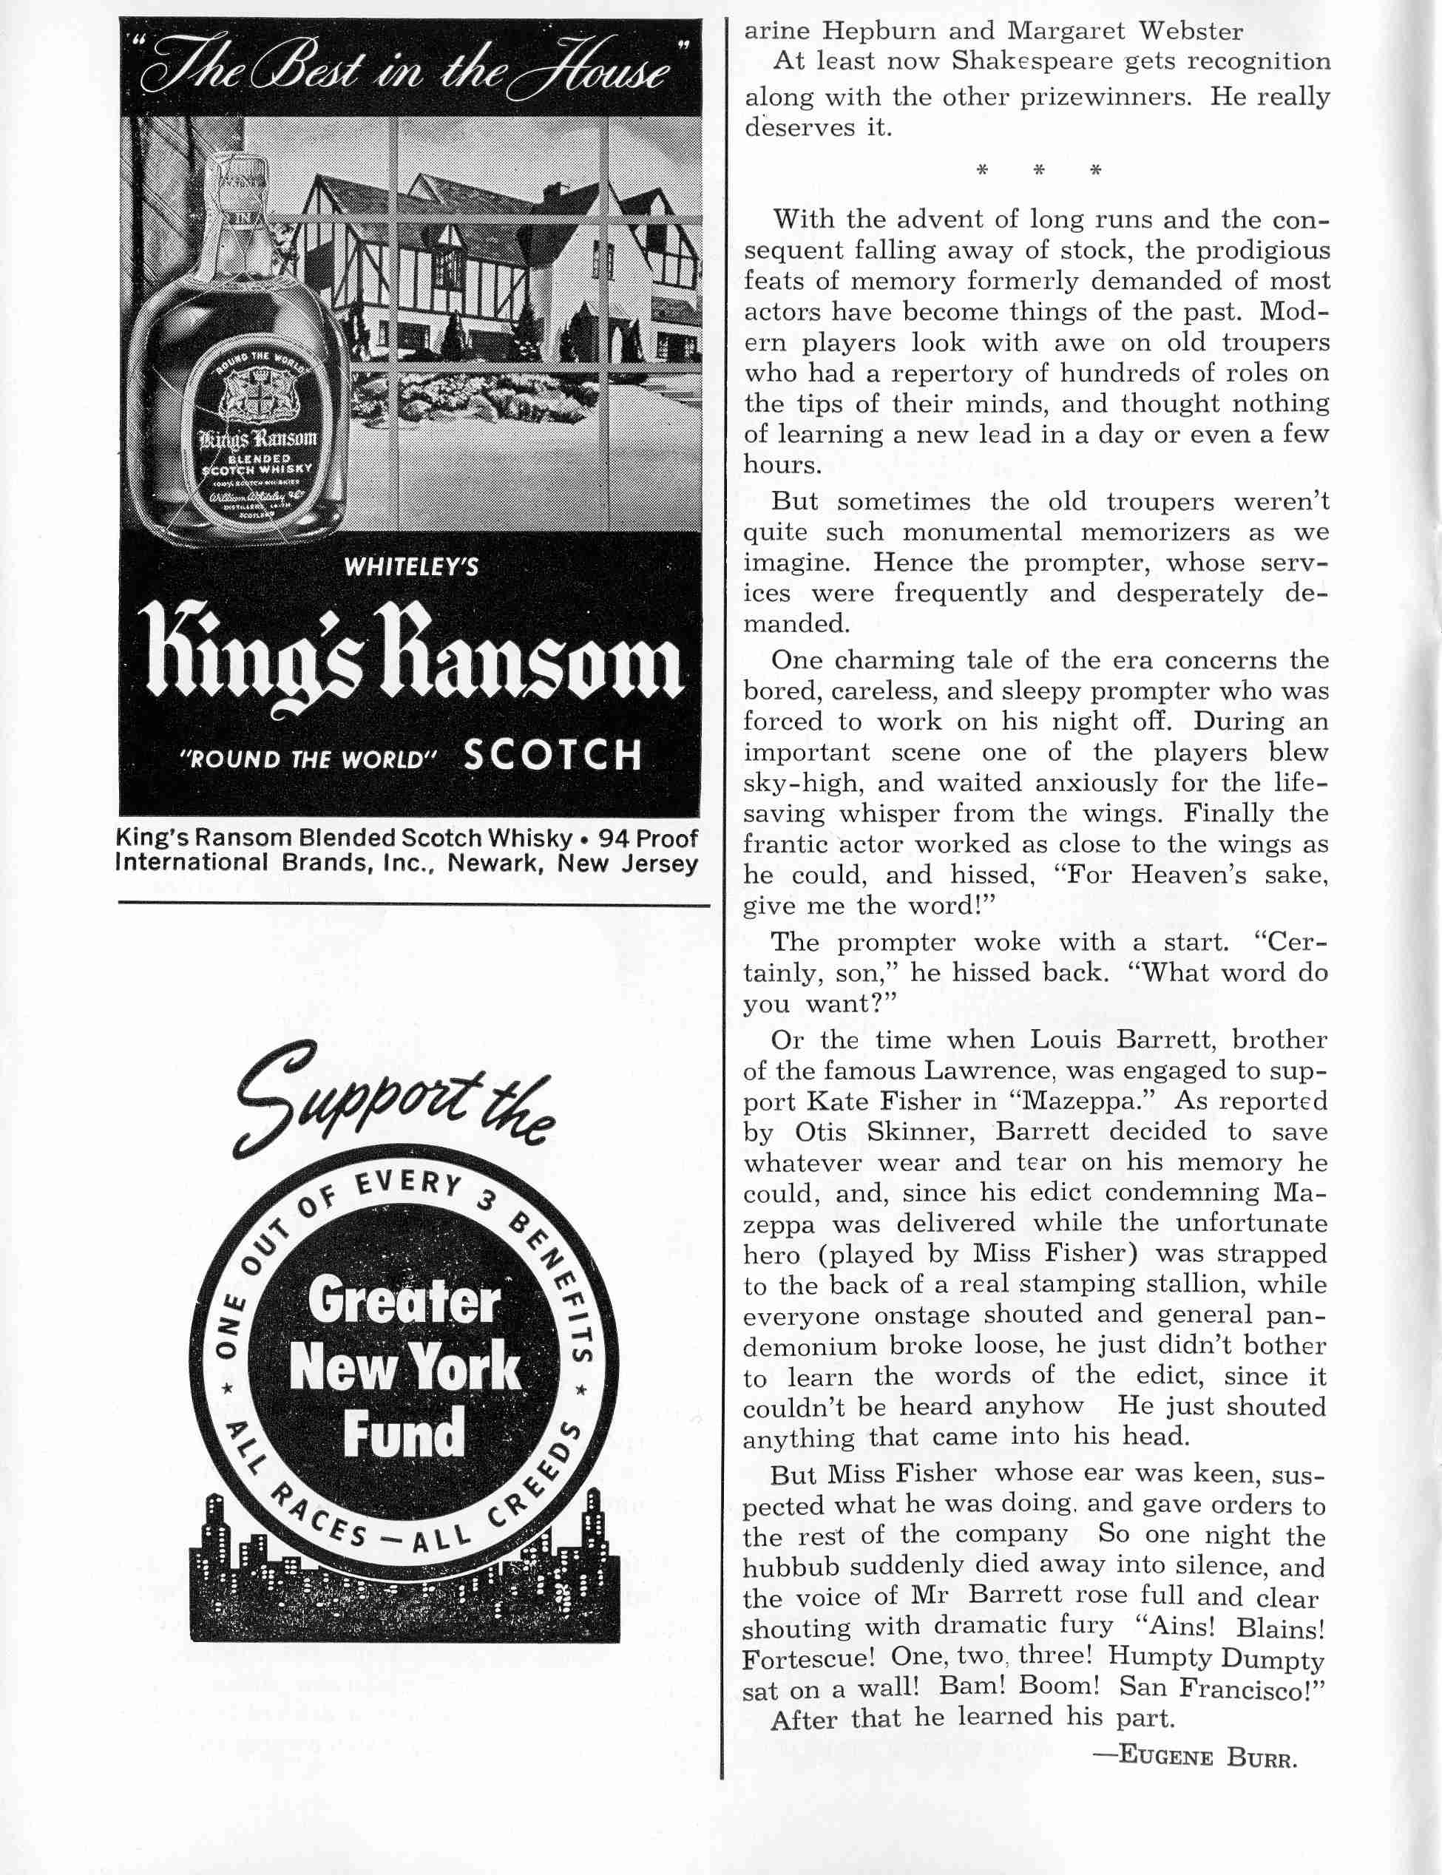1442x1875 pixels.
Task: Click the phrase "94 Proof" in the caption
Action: pos(648,838)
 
